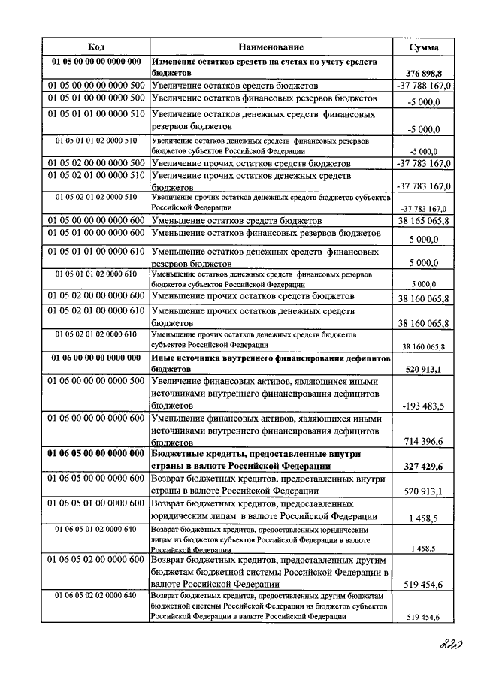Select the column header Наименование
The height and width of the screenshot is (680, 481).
point(271,47)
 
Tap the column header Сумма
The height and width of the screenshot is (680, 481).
point(424,47)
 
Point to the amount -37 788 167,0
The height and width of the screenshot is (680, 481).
point(423,86)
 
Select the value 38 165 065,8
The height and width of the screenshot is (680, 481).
point(424,222)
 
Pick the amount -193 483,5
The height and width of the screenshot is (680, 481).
point(424,406)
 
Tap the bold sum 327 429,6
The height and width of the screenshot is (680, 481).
point(424,467)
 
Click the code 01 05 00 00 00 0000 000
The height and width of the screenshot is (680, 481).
point(96,61)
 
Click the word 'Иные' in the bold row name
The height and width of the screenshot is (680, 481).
point(164,358)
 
